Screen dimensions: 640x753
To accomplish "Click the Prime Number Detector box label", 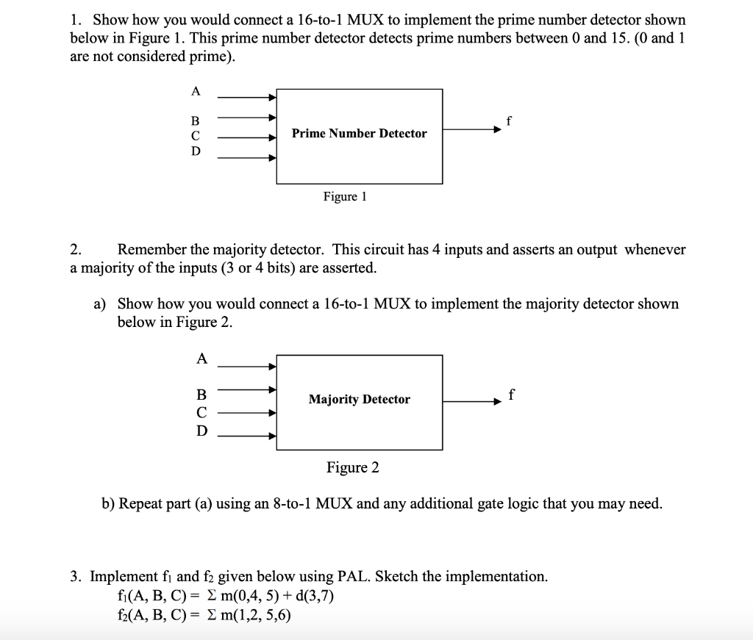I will (359, 134).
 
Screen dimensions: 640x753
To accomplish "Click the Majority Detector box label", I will (359, 400).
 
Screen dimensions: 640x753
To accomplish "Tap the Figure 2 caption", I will (353, 468).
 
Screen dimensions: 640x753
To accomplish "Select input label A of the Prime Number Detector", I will (195, 91).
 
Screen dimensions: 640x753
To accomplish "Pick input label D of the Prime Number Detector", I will (195, 151).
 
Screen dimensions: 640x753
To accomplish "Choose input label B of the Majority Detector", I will (201, 394).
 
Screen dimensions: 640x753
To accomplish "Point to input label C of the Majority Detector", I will (201, 412).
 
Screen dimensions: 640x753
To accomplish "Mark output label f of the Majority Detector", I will (511, 396).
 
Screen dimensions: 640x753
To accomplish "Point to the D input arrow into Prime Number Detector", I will (246, 157).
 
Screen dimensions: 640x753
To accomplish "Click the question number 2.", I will (76, 250).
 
